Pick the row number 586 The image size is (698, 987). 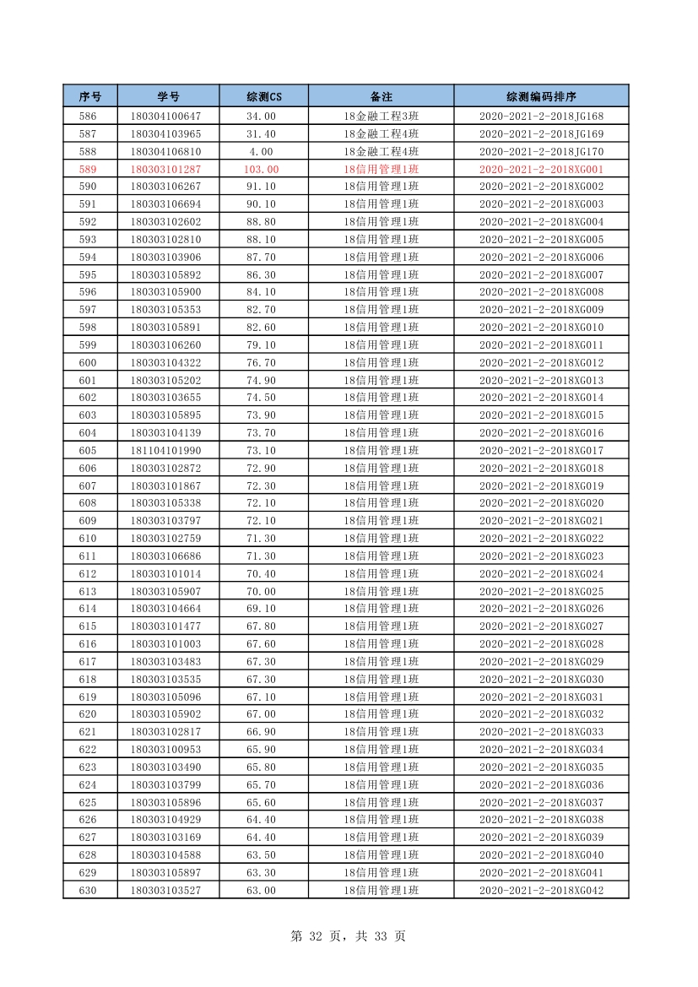88,117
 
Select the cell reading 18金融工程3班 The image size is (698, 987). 381,117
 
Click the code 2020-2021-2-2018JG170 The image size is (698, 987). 541,151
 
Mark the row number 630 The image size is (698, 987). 88,890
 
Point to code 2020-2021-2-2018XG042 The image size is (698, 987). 541,890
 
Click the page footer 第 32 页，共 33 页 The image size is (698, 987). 348,935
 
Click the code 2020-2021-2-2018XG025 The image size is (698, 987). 541,591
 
